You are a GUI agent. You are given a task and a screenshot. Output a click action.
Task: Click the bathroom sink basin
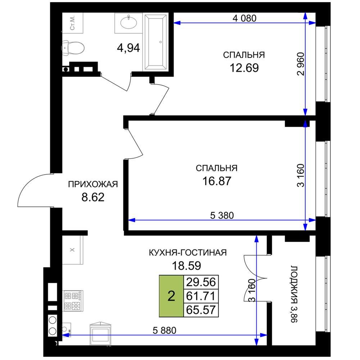pos(129,22)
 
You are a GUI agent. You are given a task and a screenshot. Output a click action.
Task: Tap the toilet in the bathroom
pos(73,48)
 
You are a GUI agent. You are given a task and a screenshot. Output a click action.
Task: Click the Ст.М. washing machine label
pos(73,23)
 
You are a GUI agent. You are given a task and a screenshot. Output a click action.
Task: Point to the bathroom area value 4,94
pos(129,48)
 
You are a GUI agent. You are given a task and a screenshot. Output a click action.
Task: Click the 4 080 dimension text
pos(244,18)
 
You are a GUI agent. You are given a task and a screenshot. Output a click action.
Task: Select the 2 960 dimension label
pos(301,64)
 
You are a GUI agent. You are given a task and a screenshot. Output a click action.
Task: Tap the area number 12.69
pos(244,68)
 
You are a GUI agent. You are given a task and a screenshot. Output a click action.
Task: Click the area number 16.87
pos(216,181)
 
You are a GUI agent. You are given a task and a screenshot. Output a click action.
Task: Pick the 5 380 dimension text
pos(222,215)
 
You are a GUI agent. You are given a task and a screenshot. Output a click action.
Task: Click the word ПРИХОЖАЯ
pos(93,184)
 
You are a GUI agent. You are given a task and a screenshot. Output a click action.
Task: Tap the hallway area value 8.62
pos(93,197)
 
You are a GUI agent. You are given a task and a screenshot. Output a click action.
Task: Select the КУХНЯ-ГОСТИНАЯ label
pos(188,253)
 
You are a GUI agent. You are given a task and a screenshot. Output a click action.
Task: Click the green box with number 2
pos(171,296)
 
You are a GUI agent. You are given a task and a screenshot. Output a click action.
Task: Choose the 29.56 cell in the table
pos(201,282)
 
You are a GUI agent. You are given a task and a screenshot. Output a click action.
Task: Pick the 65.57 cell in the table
pos(201,310)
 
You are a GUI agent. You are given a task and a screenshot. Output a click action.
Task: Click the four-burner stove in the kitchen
pos(73,301)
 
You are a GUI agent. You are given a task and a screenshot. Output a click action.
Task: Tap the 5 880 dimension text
pos(165,330)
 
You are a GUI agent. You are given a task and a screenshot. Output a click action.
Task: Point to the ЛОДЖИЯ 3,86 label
pos(294,294)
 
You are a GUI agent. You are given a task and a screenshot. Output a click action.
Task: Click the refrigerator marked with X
pos(73,250)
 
